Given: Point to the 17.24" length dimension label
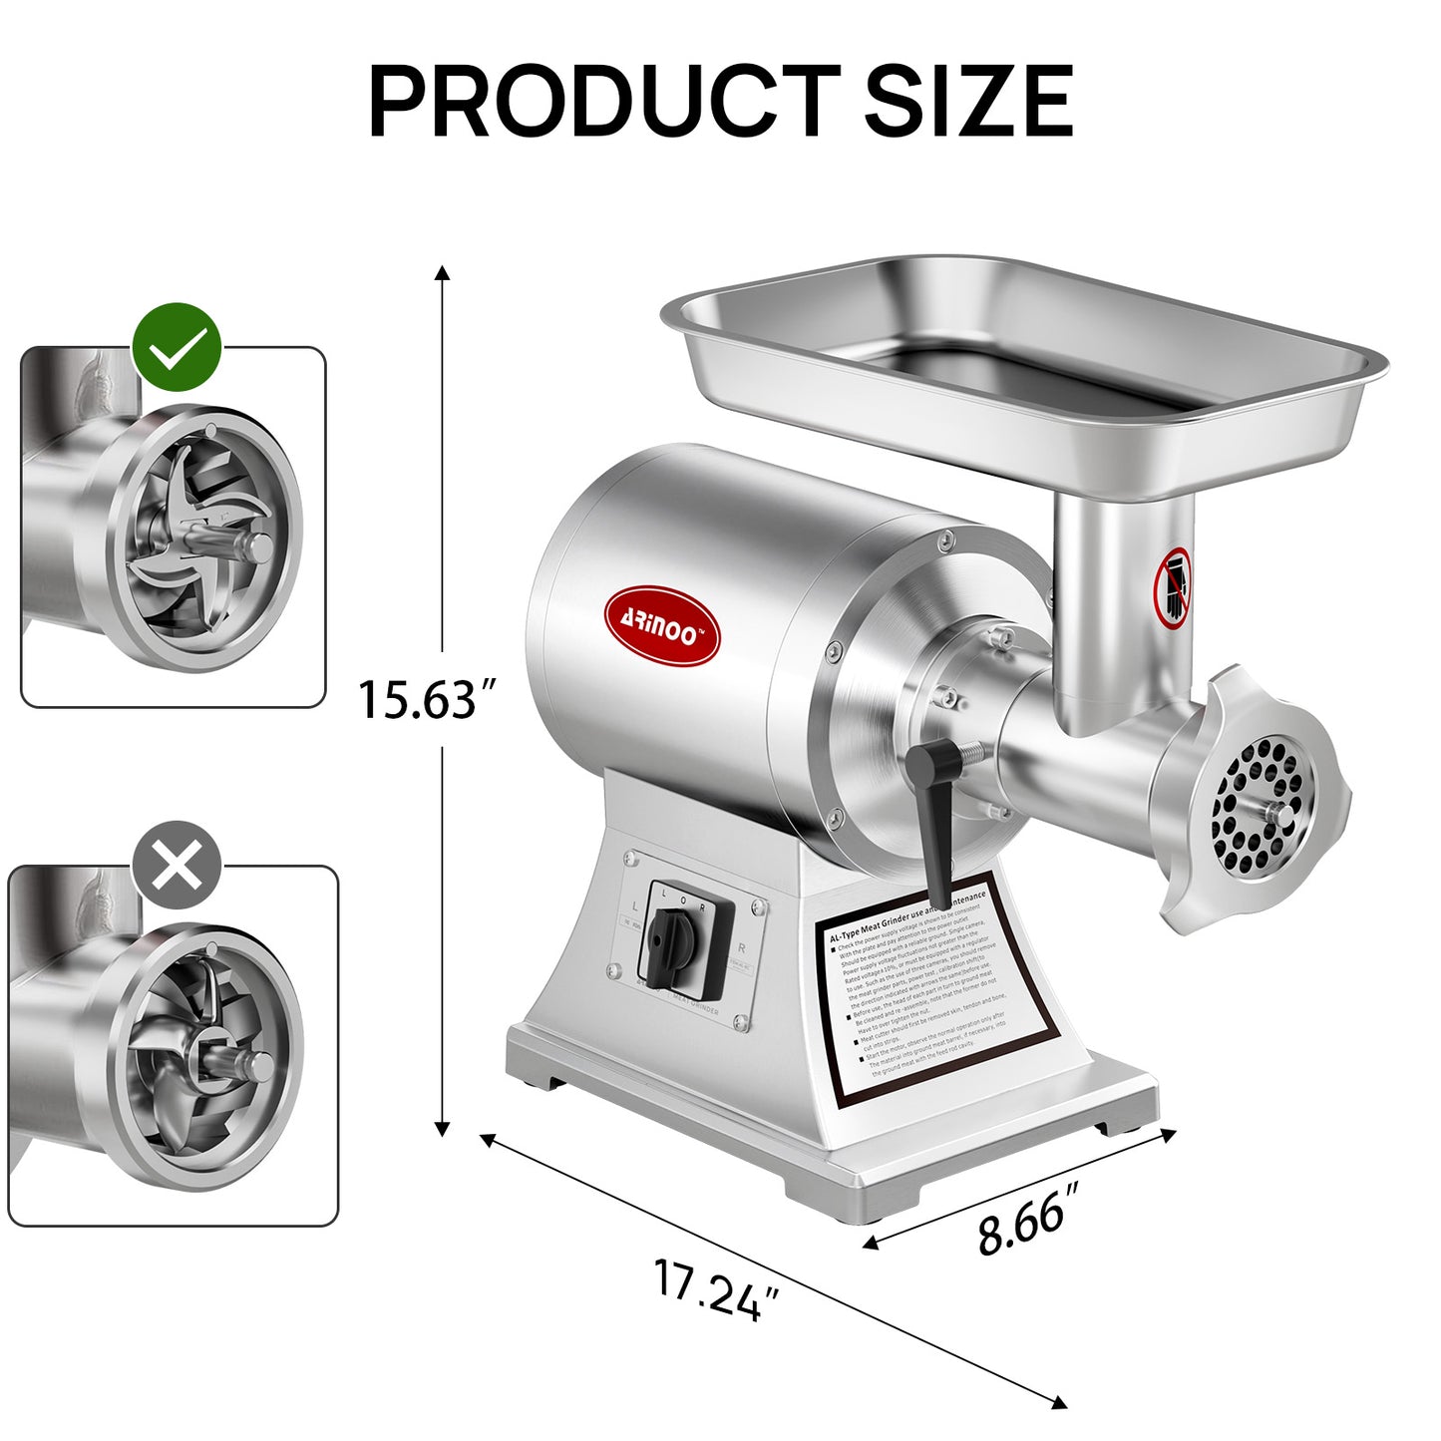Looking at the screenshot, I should pyautogui.click(x=715, y=1289).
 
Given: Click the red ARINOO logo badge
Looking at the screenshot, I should pyautogui.click(x=662, y=625).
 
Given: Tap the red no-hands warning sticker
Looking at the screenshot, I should pyautogui.click(x=1173, y=588).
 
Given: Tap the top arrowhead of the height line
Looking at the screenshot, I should pyautogui.click(x=443, y=273).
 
